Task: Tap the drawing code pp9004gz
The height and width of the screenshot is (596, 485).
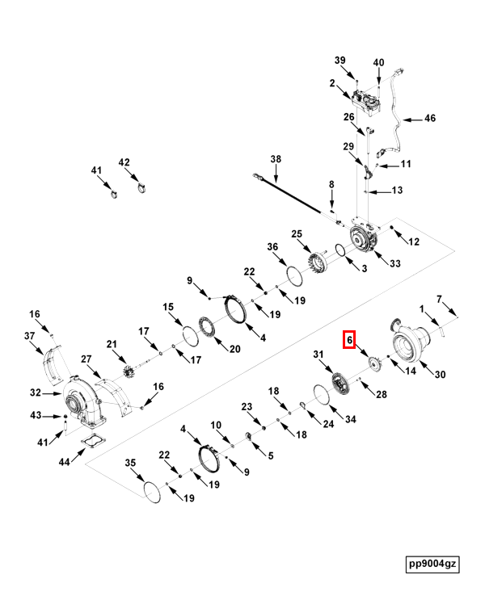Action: point(432,564)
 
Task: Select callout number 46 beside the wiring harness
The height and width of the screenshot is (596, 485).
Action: point(429,119)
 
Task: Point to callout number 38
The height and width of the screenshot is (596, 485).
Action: point(276,159)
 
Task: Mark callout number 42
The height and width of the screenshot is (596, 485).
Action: point(124,162)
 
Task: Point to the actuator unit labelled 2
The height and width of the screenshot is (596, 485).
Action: point(365,103)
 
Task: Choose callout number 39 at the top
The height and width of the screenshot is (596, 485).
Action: point(340,61)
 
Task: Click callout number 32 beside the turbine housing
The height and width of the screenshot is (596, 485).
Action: point(35,393)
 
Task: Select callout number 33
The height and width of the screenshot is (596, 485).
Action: point(395,263)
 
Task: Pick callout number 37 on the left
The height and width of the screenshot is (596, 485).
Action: point(29,336)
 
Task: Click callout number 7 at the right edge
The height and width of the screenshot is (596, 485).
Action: point(440,300)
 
